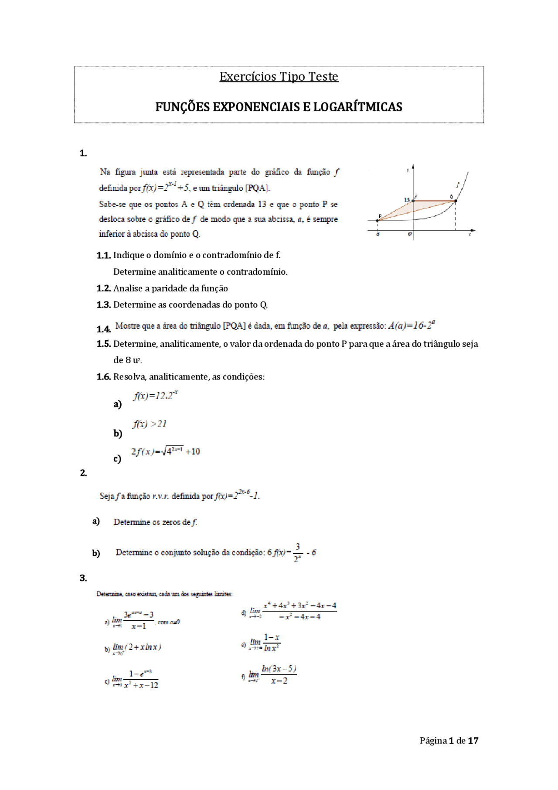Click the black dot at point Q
(x=456, y=201)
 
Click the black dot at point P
(x=378, y=221)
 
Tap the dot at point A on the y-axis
(x=413, y=201)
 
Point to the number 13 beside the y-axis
(x=407, y=200)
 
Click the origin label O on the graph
(x=410, y=234)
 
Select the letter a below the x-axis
(x=378, y=234)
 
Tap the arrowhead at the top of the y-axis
(x=413, y=167)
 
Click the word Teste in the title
(x=323, y=77)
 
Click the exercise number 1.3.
(x=103, y=305)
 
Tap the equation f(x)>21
(x=150, y=424)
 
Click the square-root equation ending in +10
(x=166, y=451)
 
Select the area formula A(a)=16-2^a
(x=411, y=325)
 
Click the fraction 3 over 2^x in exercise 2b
(x=298, y=553)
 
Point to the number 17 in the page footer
(x=473, y=741)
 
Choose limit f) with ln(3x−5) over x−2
(x=272, y=675)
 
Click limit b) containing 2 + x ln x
(x=136, y=647)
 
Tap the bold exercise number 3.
(x=83, y=578)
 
